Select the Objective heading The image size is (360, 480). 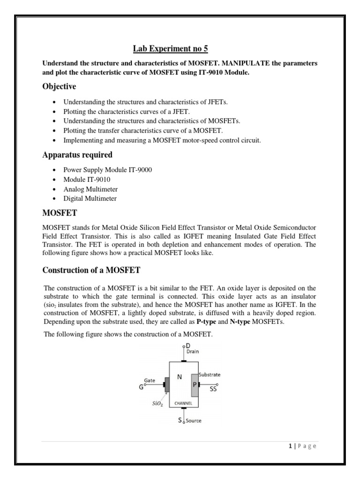60,87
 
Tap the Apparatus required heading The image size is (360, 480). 77,155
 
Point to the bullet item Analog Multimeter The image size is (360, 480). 90,189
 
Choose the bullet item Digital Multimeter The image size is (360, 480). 90,198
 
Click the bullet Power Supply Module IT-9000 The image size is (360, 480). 108,170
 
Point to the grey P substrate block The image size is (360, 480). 194,384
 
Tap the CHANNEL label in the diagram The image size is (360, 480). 182,403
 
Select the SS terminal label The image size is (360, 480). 213,389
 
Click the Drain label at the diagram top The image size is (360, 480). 193,351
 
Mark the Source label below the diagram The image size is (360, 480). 193,420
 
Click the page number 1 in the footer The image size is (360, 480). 291,446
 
